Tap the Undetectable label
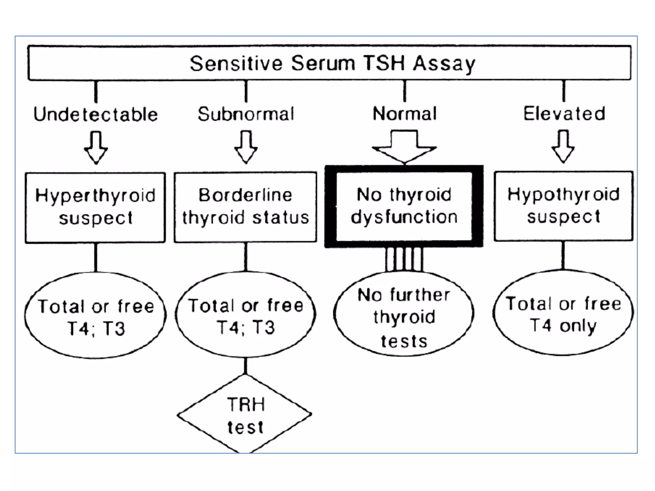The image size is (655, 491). [x=96, y=114]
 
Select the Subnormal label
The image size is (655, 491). [x=246, y=114]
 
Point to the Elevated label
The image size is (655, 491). [x=564, y=113]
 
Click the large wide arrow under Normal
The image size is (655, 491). [x=404, y=147]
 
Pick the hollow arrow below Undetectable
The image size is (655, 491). [x=96, y=148]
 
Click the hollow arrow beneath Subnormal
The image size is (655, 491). [x=246, y=147]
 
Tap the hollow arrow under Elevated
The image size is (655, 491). [x=563, y=147]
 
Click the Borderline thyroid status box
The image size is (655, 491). [x=245, y=207]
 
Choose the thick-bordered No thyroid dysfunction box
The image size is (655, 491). [x=404, y=206]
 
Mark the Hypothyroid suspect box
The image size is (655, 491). [x=564, y=206]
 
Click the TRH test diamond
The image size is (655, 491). [x=245, y=415]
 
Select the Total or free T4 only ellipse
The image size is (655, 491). [x=563, y=313]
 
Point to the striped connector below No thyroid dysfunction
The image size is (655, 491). [x=404, y=259]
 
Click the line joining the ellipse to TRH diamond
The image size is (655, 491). [x=245, y=366]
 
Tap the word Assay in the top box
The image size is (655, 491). [x=444, y=64]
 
